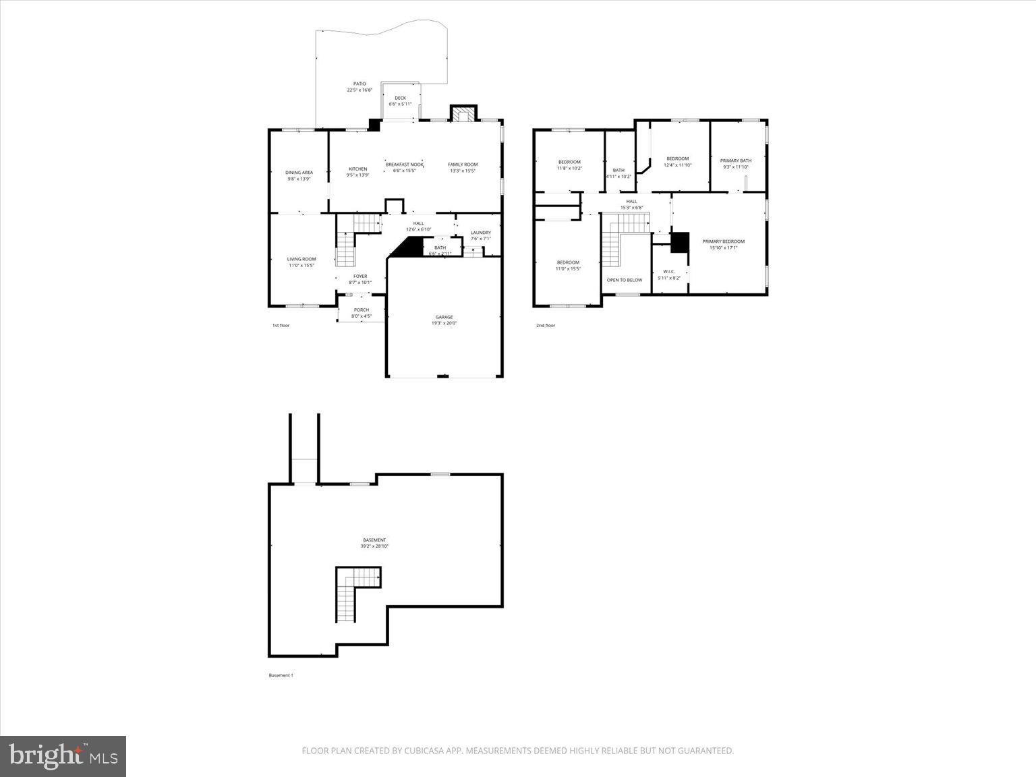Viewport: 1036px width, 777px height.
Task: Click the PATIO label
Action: point(359,84)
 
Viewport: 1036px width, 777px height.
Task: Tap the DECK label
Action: point(400,98)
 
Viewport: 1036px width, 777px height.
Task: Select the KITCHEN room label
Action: point(357,169)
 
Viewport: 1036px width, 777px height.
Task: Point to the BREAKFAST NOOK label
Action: point(404,165)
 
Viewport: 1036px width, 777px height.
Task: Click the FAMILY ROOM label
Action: point(463,165)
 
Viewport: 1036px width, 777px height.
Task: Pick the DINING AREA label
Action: point(299,173)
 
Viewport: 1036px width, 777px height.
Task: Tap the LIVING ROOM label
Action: point(301,259)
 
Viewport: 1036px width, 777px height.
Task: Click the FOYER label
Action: point(360,276)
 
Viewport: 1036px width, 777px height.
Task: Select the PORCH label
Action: point(362,310)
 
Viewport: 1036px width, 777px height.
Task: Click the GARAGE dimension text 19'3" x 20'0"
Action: point(444,323)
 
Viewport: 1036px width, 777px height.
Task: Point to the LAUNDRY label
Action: point(481,233)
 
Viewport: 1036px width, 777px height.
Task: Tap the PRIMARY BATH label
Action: point(736,161)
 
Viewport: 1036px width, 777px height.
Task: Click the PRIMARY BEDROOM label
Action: point(723,241)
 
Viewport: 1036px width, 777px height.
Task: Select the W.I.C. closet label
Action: point(669,271)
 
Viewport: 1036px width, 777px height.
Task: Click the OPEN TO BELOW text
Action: point(625,280)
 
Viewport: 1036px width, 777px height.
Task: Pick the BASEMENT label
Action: point(374,540)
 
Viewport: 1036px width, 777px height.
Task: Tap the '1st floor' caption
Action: point(281,326)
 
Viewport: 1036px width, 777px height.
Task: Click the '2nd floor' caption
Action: point(546,326)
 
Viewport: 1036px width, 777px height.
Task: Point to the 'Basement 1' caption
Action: point(281,675)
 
